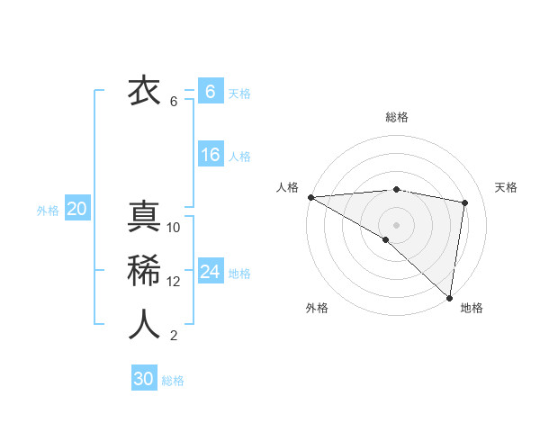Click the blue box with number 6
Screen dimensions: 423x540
click(210, 91)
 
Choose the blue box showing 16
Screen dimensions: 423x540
click(210, 155)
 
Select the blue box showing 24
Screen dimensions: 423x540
click(210, 272)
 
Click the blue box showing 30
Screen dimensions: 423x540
click(144, 379)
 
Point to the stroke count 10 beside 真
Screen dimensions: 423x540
click(174, 228)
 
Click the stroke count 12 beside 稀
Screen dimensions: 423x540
click(174, 282)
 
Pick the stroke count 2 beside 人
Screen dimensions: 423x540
click(174, 337)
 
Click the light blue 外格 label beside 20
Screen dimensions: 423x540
click(48, 211)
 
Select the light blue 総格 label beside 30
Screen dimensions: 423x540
click(173, 381)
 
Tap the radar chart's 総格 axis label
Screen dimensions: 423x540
click(396, 117)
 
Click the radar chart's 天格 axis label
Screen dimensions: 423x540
click(507, 187)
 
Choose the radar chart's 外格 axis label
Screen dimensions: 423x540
click(317, 308)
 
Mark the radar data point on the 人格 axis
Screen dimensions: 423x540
click(310, 197)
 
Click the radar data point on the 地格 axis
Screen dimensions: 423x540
click(449, 297)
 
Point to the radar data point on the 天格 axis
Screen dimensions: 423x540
click(465, 202)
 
